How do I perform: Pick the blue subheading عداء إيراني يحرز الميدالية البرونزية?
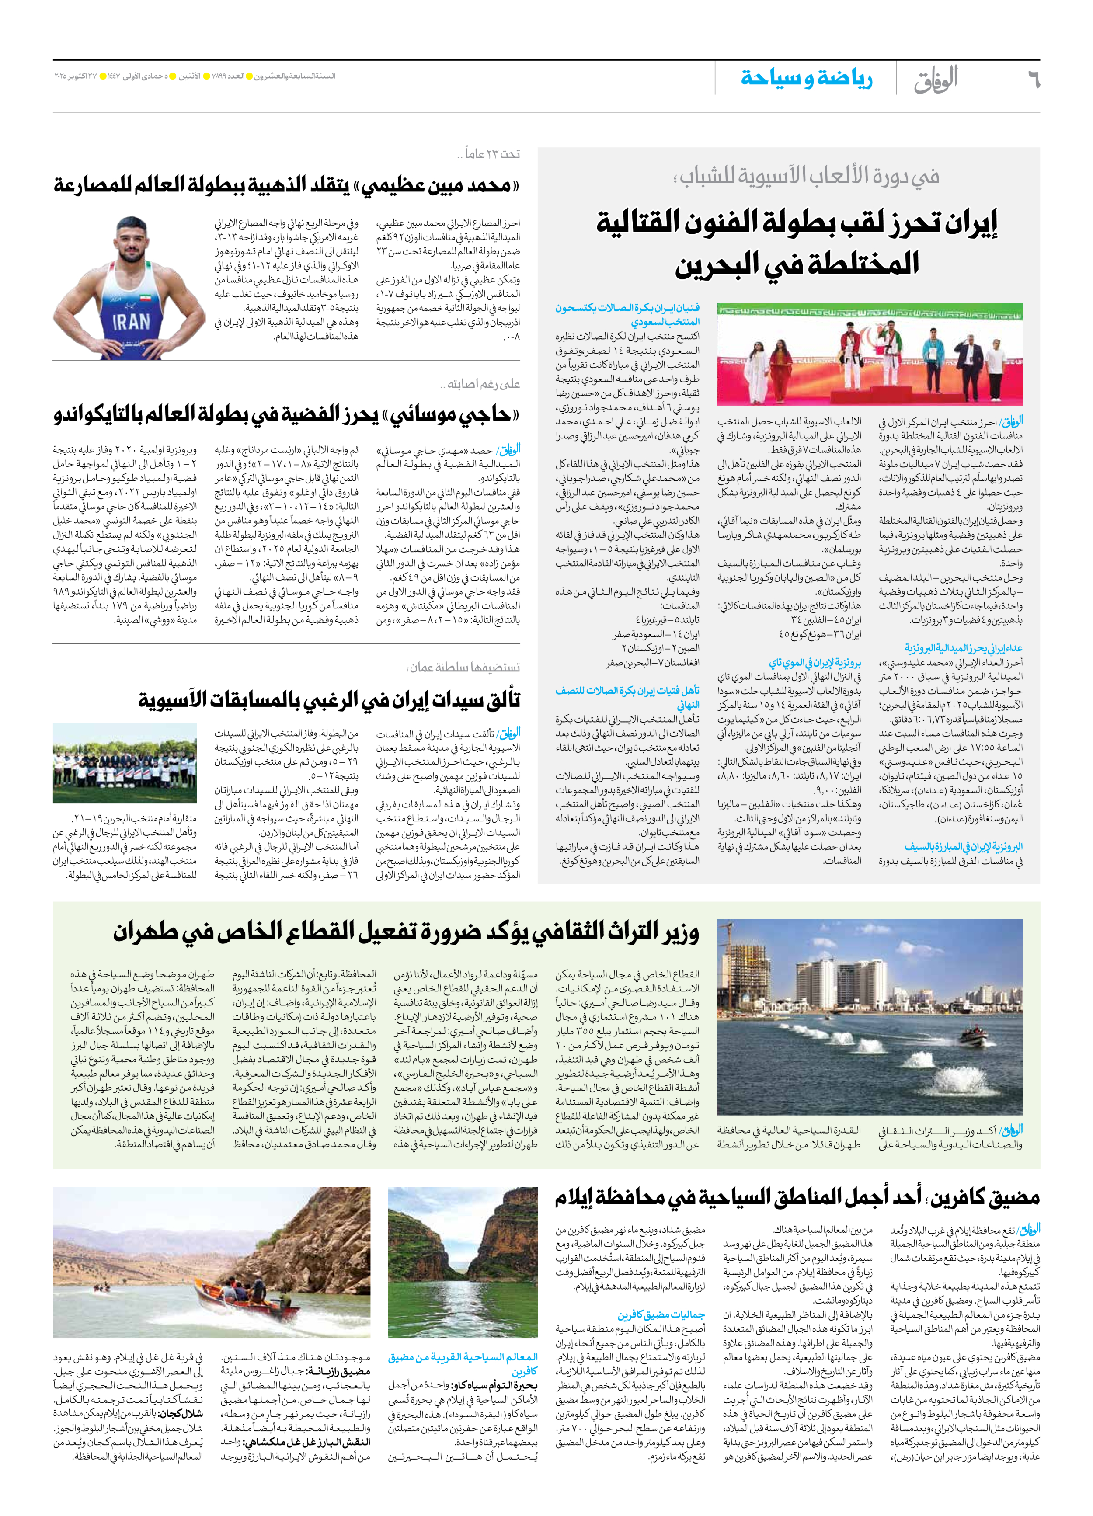pos(963,648)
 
